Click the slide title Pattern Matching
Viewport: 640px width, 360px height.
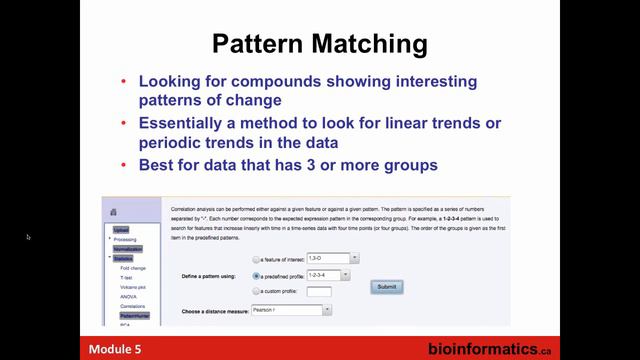pyautogui.click(x=320, y=44)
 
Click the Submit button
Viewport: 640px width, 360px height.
pyautogui.click(x=386, y=286)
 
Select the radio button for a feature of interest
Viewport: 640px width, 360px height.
pyautogui.click(x=257, y=258)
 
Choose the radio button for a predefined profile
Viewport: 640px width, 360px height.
pyautogui.click(x=257, y=275)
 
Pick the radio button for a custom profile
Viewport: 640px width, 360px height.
pyautogui.click(x=257, y=291)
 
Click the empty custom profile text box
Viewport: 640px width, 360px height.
pyautogui.click(x=319, y=291)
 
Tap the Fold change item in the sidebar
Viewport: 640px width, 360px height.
pyautogui.click(x=134, y=268)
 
